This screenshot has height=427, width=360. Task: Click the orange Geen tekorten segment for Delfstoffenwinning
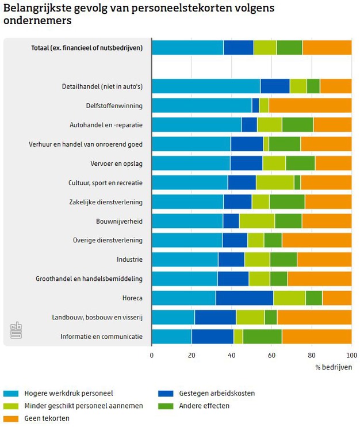point(310,105)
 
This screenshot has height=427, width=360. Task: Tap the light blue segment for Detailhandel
point(206,86)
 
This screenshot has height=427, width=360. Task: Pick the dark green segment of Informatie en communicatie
point(262,336)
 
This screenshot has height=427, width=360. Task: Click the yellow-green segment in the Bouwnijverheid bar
point(257,221)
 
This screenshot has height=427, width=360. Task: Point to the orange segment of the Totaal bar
point(327,47)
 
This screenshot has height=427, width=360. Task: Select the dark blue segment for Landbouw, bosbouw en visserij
point(215,317)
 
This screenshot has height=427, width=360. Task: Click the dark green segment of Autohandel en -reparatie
point(297,124)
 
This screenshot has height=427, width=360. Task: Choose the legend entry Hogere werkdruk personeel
point(68,394)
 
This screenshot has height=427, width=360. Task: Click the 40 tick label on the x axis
point(232,355)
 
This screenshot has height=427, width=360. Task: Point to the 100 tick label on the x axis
point(350,355)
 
